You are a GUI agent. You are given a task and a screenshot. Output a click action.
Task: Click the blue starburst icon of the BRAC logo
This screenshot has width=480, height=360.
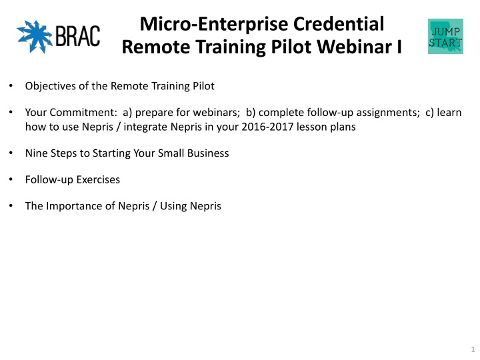35,37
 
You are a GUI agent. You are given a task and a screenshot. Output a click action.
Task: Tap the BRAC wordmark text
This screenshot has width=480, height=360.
78,36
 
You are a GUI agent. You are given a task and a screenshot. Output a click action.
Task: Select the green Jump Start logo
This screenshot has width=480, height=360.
445,36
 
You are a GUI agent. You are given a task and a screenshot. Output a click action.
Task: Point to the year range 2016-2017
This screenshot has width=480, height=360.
267,127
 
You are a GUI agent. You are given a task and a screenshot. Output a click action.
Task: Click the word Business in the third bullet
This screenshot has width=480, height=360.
208,153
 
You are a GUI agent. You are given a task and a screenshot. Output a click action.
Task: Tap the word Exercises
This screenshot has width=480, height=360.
98,180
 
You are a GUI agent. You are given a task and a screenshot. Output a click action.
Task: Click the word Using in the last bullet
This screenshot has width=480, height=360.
172,206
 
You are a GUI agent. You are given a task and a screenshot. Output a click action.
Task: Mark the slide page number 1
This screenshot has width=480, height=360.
473,349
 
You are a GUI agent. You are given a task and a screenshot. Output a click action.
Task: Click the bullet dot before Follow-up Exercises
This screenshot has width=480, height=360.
11,179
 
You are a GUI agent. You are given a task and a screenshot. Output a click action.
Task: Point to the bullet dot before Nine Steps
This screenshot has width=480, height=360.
11,153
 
